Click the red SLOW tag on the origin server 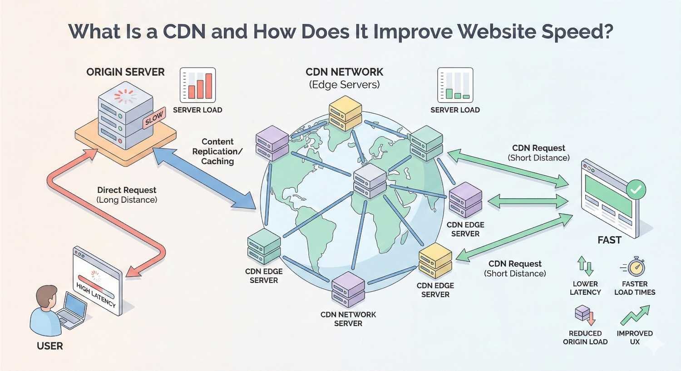[154, 119]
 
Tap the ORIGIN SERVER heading [125, 72]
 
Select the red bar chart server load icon [197, 85]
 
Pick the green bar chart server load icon [455, 85]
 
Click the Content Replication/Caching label [217, 151]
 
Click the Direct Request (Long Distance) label [127, 195]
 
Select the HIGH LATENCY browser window [97, 281]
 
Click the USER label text [50, 346]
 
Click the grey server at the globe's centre [370, 181]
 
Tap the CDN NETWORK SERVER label [348, 319]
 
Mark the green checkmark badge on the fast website [636, 189]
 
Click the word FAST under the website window [609, 240]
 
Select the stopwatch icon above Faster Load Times [635, 267]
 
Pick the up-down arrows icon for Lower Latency [585, 267]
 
